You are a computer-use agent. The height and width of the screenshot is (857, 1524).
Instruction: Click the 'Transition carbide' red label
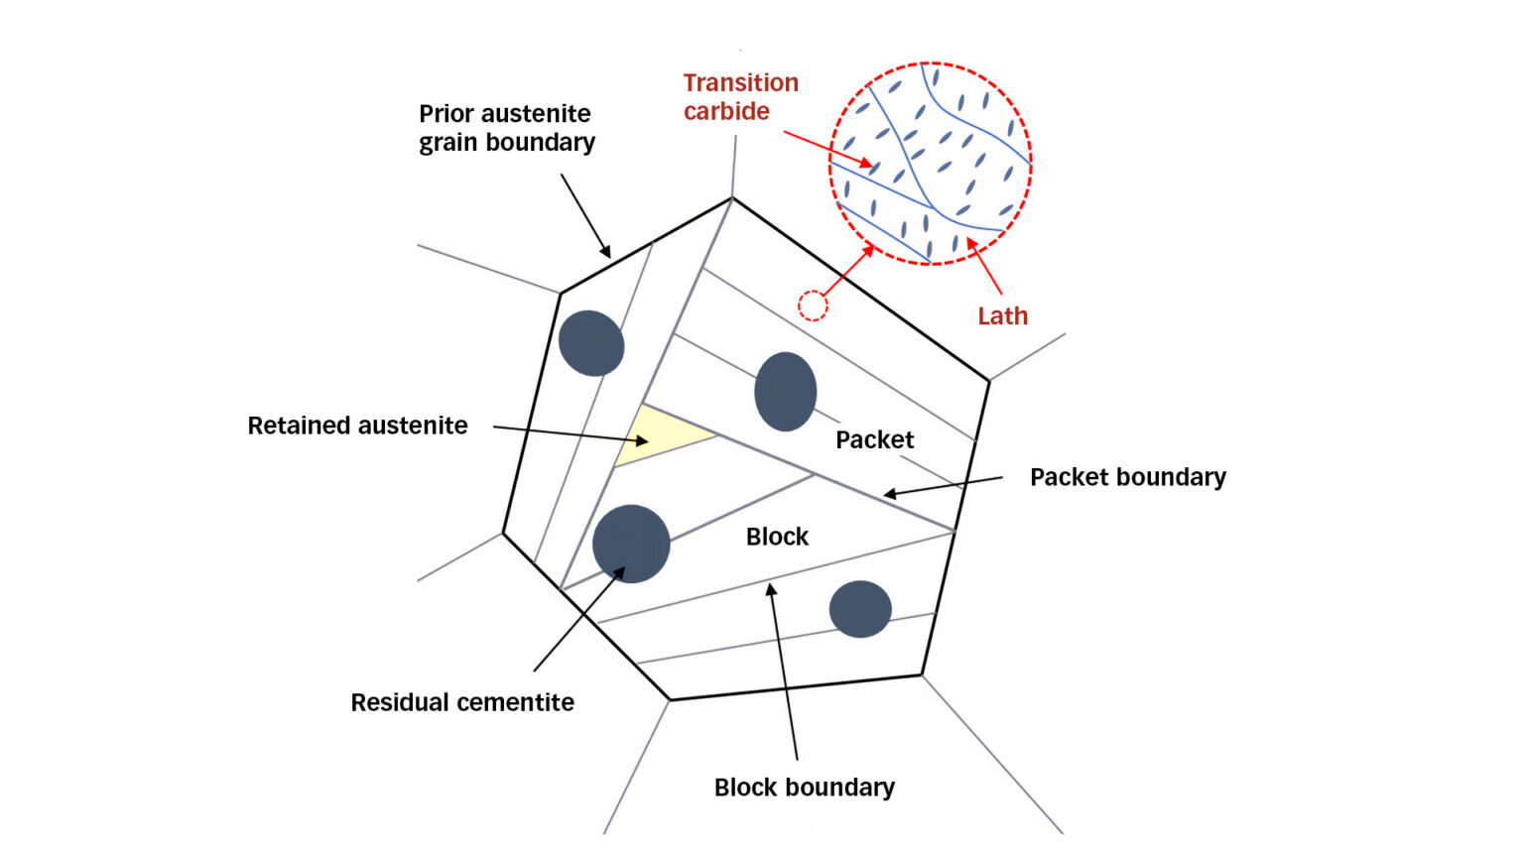740,97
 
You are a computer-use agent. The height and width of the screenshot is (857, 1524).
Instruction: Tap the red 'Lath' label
1002,316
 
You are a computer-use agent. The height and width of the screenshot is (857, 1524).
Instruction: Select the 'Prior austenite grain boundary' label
506,128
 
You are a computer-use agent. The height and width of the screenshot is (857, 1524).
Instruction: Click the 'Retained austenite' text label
357,426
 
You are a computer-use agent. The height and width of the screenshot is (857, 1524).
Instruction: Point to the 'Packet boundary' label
1127,477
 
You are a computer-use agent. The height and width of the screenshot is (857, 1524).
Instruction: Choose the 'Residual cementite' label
462,702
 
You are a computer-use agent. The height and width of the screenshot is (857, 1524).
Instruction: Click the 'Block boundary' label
804,788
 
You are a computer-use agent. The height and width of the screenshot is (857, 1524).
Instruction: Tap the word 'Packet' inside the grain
874,439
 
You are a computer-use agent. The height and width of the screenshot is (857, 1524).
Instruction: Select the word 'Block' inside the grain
777,537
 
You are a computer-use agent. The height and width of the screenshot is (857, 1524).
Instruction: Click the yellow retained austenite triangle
654,435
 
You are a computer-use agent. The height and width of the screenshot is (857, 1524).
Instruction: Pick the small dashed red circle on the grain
813,306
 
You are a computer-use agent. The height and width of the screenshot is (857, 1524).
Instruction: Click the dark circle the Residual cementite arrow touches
631,544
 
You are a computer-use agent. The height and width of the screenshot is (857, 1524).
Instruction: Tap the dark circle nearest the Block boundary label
860,609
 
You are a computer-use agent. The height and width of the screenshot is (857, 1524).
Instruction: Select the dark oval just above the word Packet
785,392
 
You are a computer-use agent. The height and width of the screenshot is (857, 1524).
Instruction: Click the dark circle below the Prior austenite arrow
591,343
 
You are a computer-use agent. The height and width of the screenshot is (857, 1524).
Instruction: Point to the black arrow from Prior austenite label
585,216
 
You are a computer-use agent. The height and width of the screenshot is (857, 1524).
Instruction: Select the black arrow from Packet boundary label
943,486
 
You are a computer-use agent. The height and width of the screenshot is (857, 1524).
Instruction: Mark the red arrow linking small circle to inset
849,270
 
